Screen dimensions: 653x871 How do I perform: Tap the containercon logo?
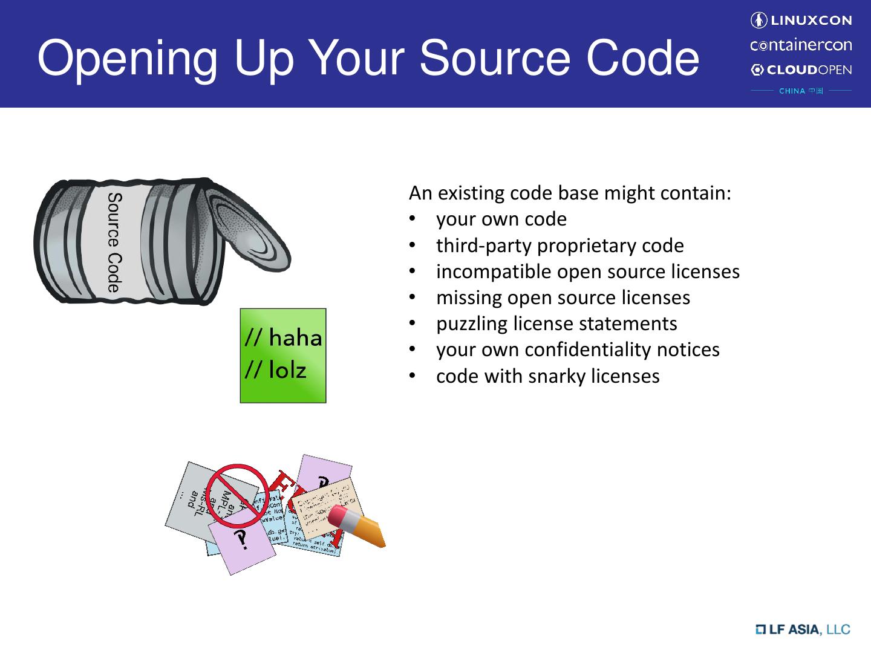[801, 45]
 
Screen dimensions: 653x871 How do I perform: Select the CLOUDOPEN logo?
[801, 70]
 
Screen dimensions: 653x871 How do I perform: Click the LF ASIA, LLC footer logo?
[802, 629]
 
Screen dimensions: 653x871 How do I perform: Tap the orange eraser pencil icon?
[356, 526]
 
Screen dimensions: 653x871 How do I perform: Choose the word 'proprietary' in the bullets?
[587, 245]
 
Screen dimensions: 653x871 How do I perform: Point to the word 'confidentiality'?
[587, 349]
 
